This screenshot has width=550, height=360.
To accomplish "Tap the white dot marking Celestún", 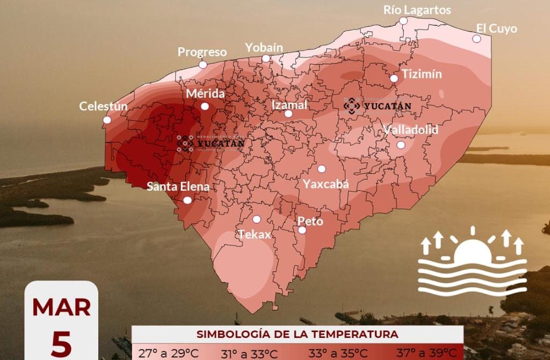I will coord(107,120).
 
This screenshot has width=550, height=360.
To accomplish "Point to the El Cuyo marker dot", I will coord(476,39).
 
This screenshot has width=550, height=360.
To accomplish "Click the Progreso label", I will coord(202,52).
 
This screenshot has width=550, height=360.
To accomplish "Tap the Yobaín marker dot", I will coord(266,58).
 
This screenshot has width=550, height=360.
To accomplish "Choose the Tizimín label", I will coord(422,74).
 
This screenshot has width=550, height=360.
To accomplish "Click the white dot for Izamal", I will coord(288,113).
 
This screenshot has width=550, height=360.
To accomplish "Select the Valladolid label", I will coord(411,129).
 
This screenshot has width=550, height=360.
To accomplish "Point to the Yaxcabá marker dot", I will coord(322,169).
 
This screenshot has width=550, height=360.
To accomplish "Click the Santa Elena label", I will coord(178,187).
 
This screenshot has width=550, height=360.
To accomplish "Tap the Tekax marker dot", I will coord(257,219).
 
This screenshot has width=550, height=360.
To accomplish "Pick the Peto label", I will coord(310,221).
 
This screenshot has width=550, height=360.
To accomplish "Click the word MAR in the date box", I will coord(61,307).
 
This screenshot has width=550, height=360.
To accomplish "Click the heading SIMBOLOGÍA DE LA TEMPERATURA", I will coord(297,334).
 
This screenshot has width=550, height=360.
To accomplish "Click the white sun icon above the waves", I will coord(472,249).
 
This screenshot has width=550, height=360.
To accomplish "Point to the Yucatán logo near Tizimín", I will coord(378,106).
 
